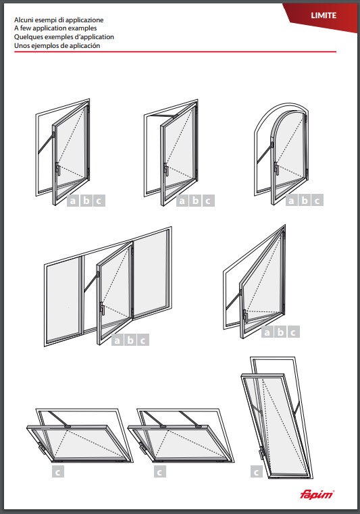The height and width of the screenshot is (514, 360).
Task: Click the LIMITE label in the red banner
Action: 324,16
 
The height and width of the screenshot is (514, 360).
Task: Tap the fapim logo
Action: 317,494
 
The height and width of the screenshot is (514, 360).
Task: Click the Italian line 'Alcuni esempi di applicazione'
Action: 59,20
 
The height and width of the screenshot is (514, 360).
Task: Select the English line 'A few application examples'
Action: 55,28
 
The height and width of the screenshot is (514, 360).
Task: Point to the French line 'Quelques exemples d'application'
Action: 64,36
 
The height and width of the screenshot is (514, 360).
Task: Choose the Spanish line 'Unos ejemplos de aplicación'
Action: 57,45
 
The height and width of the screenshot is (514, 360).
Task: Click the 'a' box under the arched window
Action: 292,200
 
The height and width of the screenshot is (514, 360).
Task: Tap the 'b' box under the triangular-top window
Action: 280,332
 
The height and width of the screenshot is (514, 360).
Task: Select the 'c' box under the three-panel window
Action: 143,340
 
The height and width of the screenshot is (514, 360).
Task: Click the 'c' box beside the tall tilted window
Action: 256,471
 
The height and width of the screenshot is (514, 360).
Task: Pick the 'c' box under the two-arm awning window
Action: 160,471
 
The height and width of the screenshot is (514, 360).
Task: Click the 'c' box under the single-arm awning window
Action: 58,471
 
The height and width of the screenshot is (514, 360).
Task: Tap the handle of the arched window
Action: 276,168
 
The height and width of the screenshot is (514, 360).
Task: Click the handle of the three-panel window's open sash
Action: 102,308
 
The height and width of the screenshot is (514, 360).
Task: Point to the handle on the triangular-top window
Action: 245,316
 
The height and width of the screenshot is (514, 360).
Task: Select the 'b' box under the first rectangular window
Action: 86,201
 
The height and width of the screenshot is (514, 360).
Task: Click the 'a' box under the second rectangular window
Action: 182,201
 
